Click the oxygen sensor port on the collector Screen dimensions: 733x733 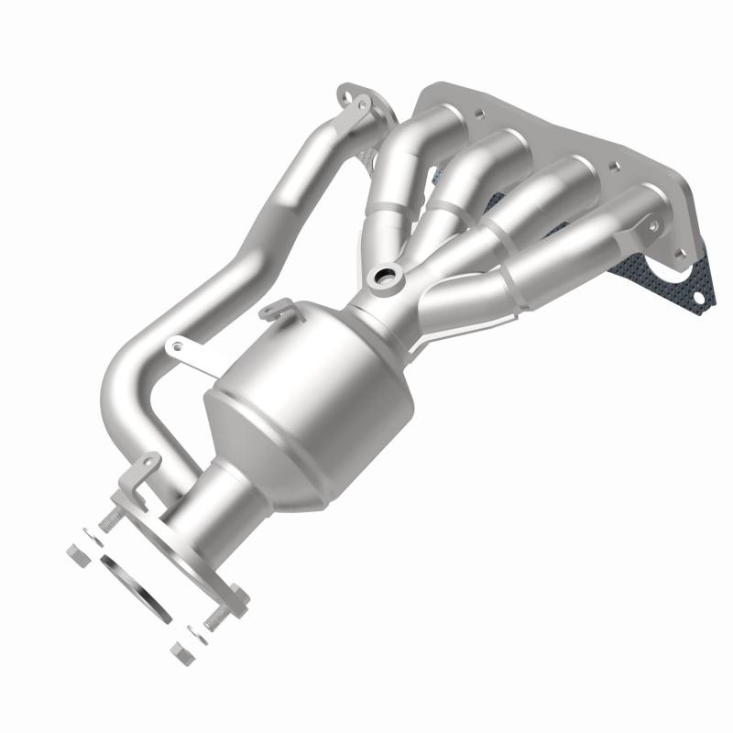382,277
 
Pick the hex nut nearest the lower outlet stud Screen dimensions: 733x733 180,652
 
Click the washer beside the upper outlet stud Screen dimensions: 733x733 92,533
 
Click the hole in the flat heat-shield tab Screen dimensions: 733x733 170,347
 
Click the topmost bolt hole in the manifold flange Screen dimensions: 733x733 476,116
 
